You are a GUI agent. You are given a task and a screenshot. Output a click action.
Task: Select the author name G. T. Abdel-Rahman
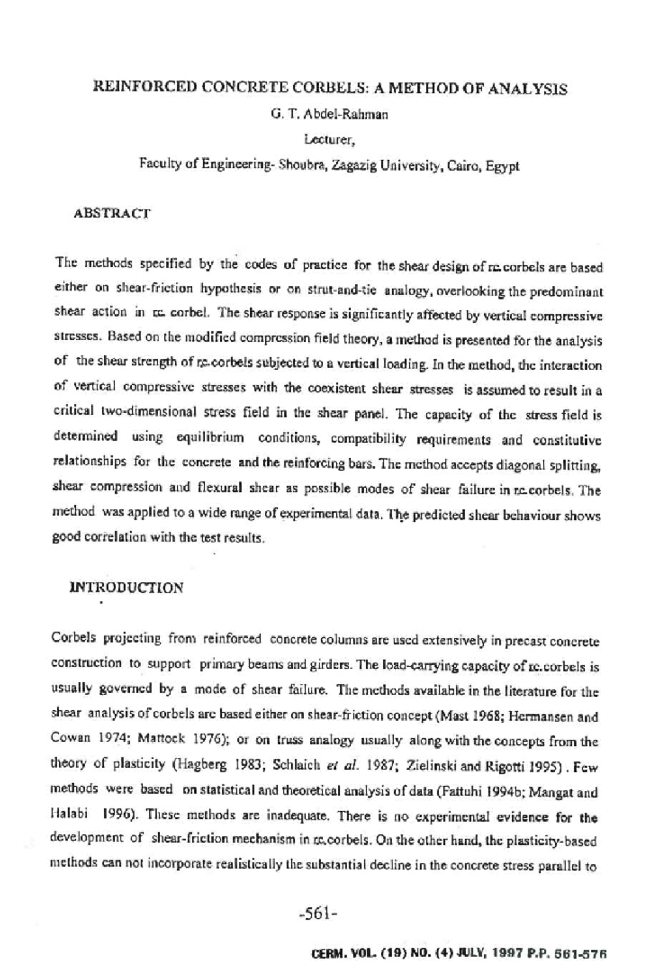(329, 115)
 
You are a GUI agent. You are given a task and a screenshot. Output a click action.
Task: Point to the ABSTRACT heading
(111, 213)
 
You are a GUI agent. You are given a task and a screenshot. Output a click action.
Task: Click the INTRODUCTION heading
(126, 588)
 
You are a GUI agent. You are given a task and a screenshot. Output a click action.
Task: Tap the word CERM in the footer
(328, 954)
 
